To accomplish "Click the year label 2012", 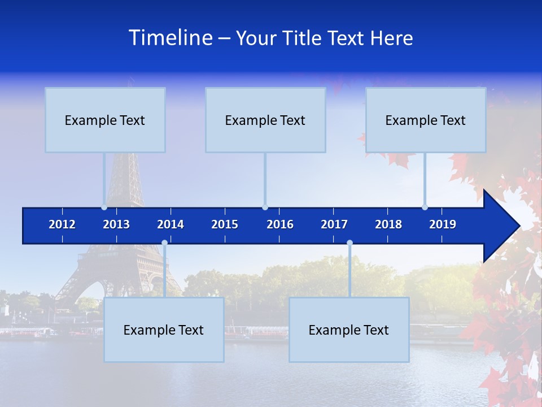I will (x=62, y=224).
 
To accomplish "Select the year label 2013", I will (x=116, y=224).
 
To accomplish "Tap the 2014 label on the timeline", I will (x=171, y=224).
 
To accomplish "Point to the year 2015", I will (x=225, y=224).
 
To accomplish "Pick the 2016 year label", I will (x=280, y=224).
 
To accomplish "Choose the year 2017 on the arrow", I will (x=334, y=224).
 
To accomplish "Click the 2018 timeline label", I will (x=388, y=224).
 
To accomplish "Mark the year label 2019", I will (x=443, y=224).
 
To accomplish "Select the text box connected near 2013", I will (x=105, y=120).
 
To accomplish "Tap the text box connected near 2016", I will (x=265, y=120).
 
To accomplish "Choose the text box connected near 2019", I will (x=426, y=120).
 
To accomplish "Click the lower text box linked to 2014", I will (x=164, y=330).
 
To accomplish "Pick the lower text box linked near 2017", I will (x=349, y=330).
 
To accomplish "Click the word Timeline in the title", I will (x=171, y=38).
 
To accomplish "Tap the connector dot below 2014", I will (x=164, y=243).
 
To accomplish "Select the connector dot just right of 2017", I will (x=349, y=243).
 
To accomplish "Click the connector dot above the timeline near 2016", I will (x=265, y=207).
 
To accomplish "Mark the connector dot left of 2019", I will (x=425, y=207).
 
